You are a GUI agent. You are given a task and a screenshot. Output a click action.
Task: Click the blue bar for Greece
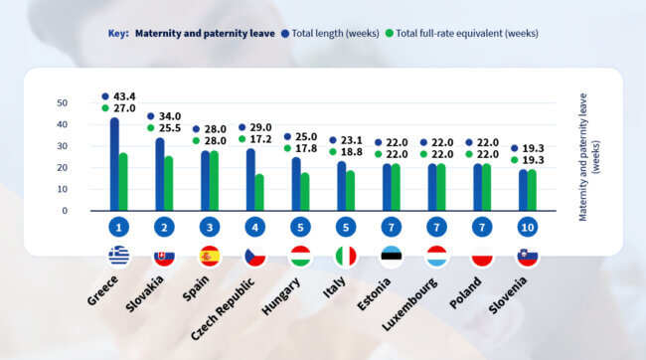pyautogui.click(x=114, y=164)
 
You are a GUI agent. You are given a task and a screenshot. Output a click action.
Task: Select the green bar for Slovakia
pyautogui.click(x=169, y=183)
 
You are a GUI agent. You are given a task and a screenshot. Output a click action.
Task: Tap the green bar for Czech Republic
pyautogui.click(x=259, y=192)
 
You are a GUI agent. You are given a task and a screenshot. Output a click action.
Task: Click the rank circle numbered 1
pyautogui.click(x=118, y=228)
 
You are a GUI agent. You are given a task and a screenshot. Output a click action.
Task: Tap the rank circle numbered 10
pyautogui.click(x=528, y=228)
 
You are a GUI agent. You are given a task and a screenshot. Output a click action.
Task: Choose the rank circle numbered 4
pyautogui.click(x=254, y=228)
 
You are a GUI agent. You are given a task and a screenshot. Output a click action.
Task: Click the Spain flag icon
pyautogui.click(x=210, y=257)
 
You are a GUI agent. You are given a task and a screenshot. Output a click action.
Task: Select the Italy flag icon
pyautogui.click(x=346, y=257)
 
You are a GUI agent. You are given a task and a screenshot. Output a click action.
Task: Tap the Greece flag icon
pyautogui.click(x=118, y=257)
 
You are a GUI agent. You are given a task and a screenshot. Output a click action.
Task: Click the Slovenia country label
pyautogui.click(x=510, y=295)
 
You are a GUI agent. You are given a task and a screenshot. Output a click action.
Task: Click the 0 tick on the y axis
pyautogui.click(x=65, y=211)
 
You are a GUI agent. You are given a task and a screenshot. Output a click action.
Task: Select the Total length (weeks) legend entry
pyautogui.click(x=335, y=33)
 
